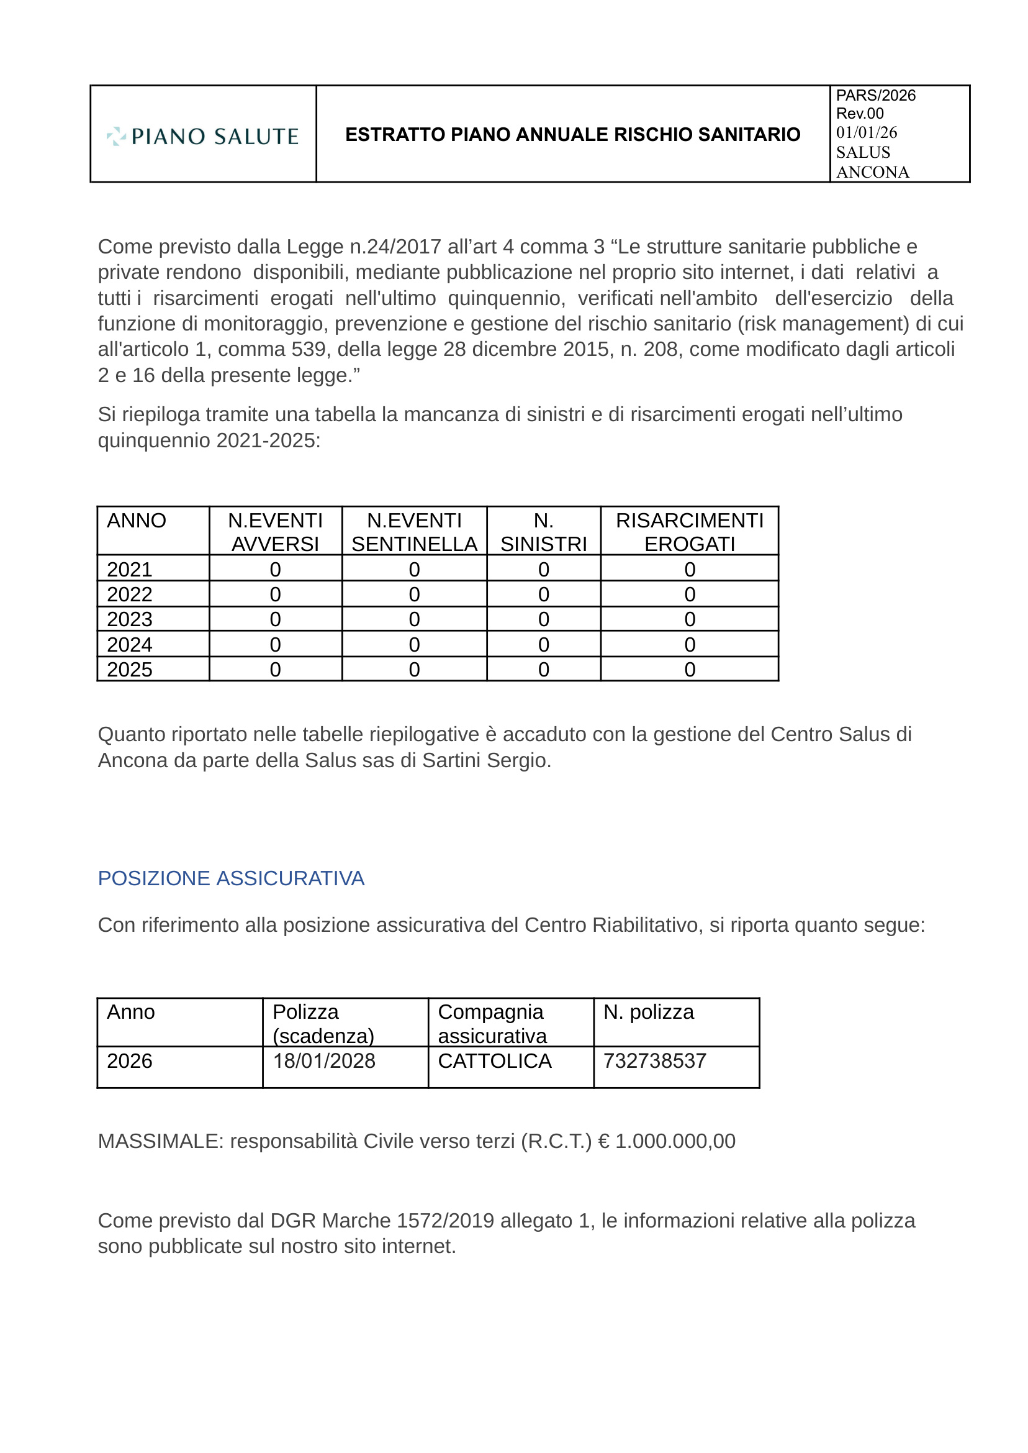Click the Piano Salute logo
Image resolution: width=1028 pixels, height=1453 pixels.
pos(202,135)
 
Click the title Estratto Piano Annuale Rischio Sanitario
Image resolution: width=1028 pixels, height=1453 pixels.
pos(572,134)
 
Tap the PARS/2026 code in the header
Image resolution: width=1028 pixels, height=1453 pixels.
pos(875,96)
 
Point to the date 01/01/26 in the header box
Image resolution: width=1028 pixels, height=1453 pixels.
pos(866,132)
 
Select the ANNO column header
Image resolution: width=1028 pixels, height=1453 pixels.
pos(136,521)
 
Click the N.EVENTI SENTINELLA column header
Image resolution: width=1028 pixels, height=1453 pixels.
pos(414,532)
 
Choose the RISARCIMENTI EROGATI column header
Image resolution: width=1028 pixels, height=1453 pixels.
pos(689,532)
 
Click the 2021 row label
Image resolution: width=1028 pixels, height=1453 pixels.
pos(130,570)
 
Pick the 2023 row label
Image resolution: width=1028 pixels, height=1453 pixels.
pos(130,619)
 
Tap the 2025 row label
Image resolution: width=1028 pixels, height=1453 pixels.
pos(130,670)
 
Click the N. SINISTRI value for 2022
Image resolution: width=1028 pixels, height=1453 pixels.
pos(543,594)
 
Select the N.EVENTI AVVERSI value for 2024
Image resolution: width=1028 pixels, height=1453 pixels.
pos(275,644)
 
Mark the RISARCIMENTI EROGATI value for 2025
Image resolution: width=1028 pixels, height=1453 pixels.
pos(689,670)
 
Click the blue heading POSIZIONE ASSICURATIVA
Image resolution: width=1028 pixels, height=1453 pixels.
pos(231,878)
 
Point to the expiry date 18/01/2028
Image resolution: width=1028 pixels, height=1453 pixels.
pos(324,1061)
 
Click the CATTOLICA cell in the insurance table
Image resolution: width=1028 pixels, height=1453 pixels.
pos(494,1061)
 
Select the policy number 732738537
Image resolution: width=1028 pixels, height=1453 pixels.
pos(654,1061)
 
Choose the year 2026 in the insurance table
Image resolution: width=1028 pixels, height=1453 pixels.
pos(130,1061)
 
